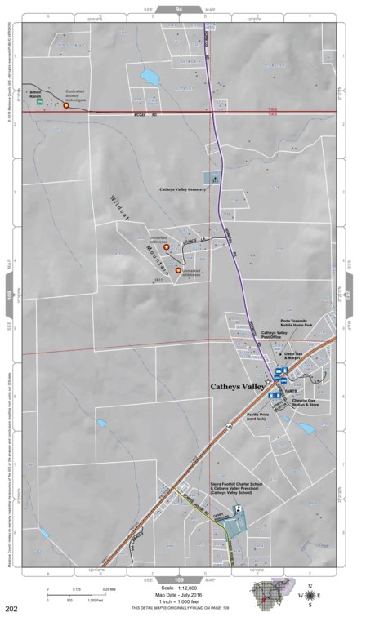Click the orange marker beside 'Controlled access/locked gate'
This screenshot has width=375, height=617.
pyautogui.click(x=66, y=105)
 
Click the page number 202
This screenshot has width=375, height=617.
pyautogui.click(x=11, y=609)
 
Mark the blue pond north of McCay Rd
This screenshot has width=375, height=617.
pyautogui.click(x=150, y=78)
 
